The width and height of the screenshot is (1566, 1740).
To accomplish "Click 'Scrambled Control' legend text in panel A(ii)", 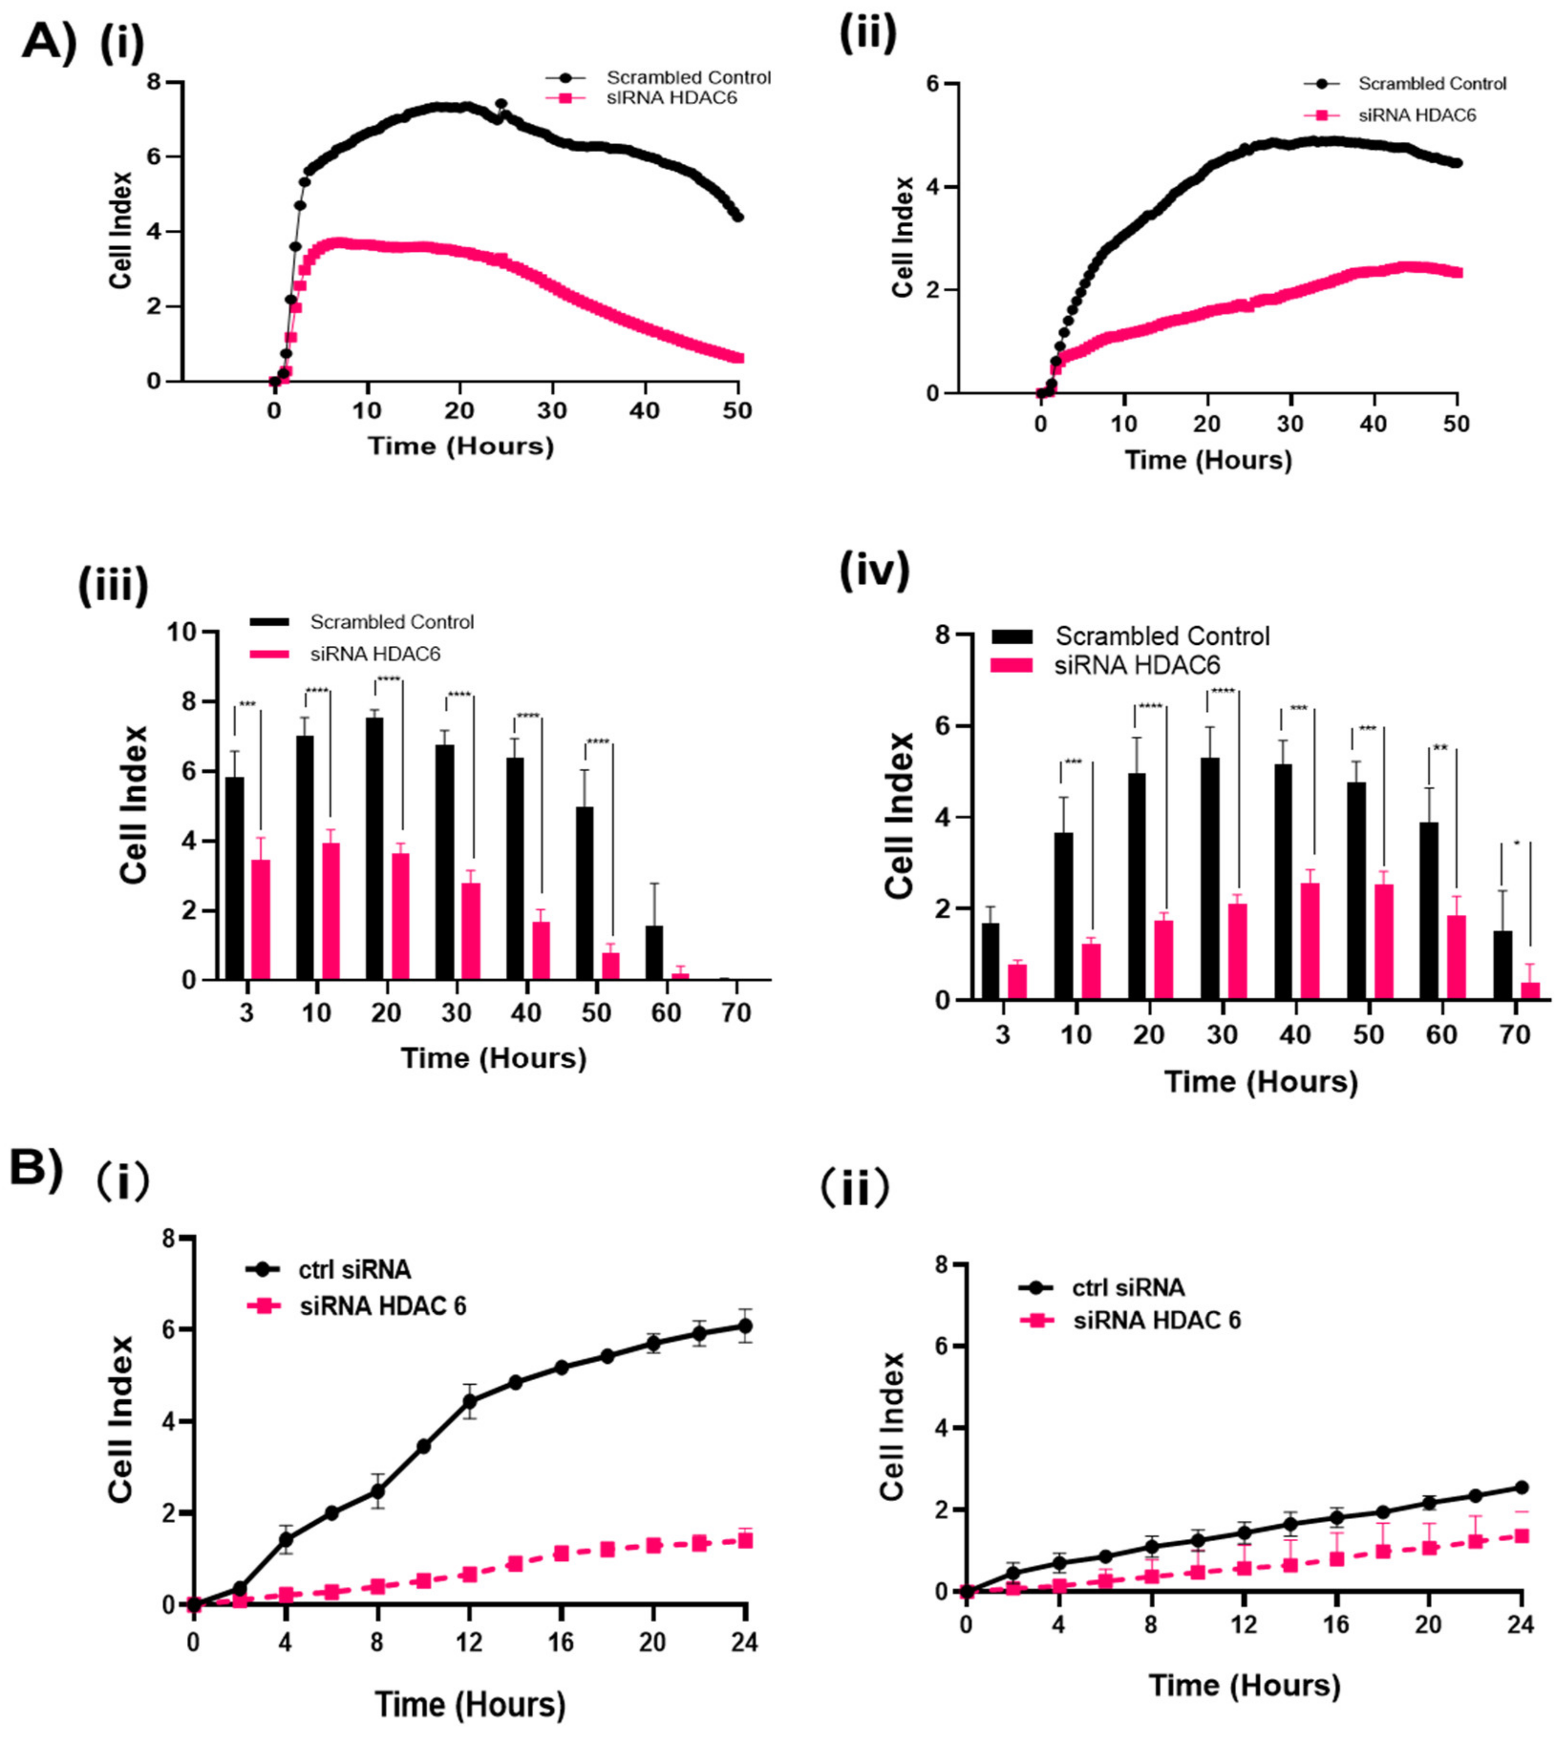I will (x=1433, y=84).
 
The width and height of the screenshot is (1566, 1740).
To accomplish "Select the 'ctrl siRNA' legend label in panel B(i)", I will (x=354, y=1269).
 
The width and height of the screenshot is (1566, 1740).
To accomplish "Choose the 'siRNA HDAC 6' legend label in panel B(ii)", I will (x=1157, y=1320).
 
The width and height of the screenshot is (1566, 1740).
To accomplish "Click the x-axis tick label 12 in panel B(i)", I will (x=469, y=1642).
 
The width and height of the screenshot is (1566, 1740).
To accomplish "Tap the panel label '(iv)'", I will (x=874, y=571).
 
